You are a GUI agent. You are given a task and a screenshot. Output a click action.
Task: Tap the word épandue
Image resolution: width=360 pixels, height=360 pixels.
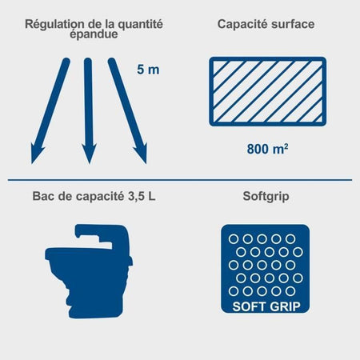pos(95,36)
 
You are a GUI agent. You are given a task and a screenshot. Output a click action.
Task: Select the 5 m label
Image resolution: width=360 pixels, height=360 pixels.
pos(148,70)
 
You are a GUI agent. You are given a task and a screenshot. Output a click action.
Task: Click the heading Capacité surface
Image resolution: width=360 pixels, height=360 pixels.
pos(266,24)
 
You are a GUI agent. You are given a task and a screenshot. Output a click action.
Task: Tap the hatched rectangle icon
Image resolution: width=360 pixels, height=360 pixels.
pos(267,91)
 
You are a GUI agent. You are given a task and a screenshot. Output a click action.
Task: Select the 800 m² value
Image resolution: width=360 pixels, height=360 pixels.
pos(267,148)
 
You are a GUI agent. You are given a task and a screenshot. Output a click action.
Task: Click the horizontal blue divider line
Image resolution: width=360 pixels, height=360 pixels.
pos(180,180)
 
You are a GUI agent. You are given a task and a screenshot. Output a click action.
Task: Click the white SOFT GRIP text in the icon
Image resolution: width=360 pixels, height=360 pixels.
pos(265,306)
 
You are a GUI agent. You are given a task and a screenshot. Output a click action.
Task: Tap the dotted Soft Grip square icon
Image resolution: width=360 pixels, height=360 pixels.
pos(265,270)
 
